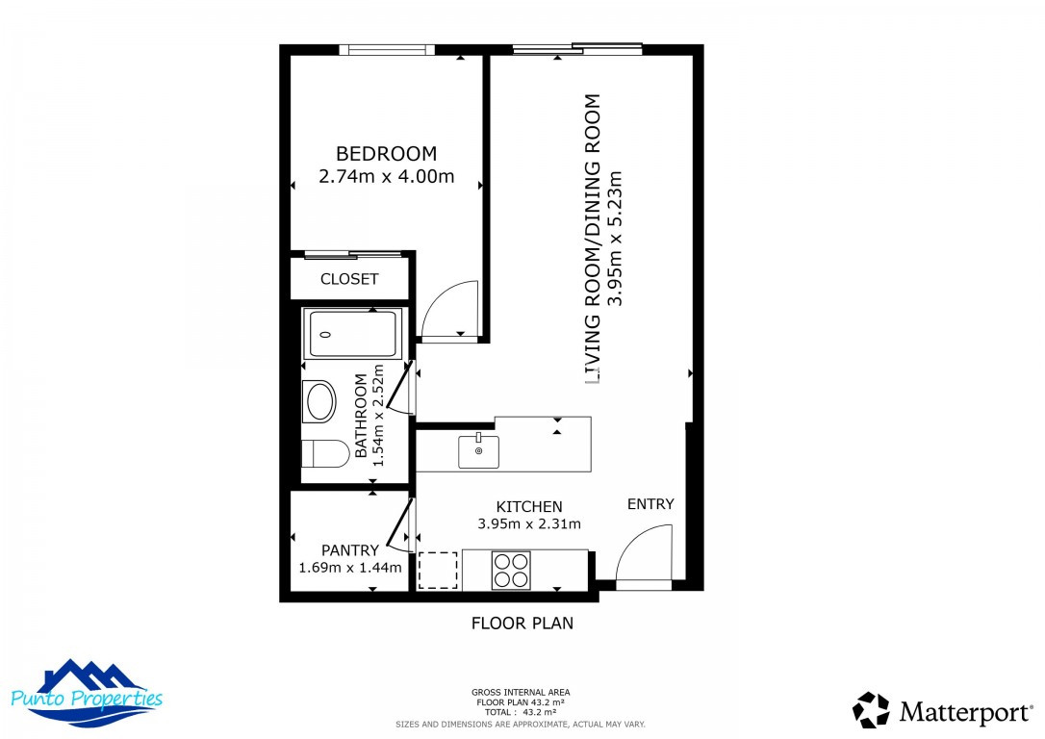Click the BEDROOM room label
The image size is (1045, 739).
point(386,153)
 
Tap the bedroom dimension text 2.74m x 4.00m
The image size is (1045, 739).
point(386,177)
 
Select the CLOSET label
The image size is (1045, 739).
point(349,279)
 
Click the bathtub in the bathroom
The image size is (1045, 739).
point(350,334)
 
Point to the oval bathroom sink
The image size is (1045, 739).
point(319,401)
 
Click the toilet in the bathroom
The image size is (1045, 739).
point(322,453)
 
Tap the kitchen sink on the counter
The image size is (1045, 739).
point(478,450)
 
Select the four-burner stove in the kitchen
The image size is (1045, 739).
point(511,570)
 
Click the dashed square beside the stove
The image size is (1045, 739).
point(439,570)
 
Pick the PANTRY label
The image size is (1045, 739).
point(350,550)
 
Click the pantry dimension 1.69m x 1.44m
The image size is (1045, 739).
point(350,568)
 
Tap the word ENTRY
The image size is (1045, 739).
point(651,504)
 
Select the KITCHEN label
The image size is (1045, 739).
point(529,506)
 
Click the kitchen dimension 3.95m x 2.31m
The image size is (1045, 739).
point(529,524)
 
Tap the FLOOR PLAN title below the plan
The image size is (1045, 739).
point(522,623)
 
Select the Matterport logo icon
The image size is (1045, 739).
point(872,710)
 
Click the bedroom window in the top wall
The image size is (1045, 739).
point(392,50)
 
